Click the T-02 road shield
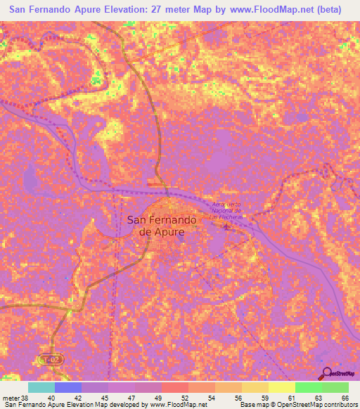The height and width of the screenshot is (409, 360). tap(51, 359)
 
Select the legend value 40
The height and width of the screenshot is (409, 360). tap(68, 398)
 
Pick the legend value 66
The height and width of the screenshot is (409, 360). tap(345, 398)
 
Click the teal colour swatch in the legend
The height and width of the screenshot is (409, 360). tap(41, 387)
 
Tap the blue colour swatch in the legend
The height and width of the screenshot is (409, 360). tap(68, 387)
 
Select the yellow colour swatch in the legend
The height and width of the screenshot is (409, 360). tap(281, 387)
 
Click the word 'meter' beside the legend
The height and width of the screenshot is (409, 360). tap(10, 398)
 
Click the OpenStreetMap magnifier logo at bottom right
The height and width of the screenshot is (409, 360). tap(326, 373)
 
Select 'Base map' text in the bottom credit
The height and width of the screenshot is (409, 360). tap(254, 405)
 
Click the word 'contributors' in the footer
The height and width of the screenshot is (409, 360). tap(333, 405)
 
